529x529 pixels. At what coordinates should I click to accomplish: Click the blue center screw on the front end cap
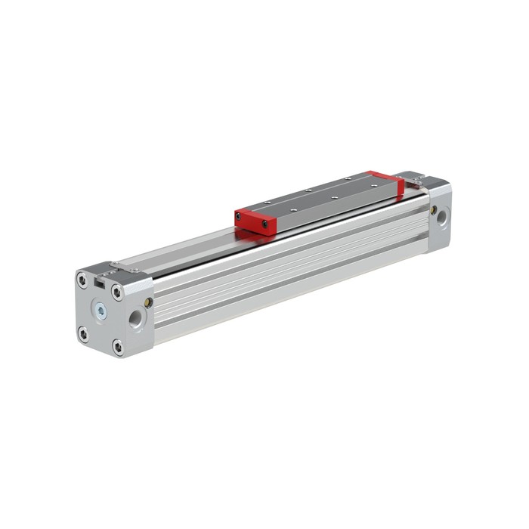click(x=101, y=311)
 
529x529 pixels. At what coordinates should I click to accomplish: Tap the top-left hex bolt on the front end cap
click(x=82, y=281)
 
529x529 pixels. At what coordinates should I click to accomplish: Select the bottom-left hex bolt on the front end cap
click(x=83, y=333)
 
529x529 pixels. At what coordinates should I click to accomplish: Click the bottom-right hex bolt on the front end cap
click(x=117, y=346)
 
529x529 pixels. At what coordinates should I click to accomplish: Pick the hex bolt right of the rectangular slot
click(x=117, y=292)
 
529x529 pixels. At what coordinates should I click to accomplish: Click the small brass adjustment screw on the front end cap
click(x=149, y=302)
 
